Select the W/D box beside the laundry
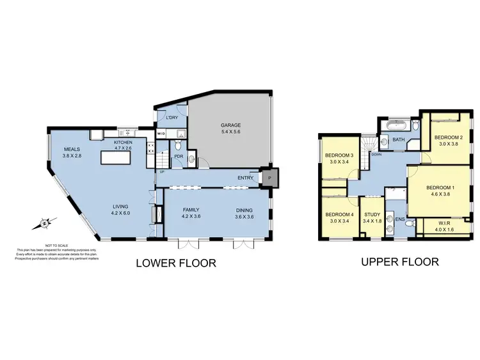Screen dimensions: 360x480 pos(161,134)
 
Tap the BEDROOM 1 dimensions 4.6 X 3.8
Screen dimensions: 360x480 pos(439,195)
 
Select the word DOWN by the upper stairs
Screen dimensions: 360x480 pos(377,154)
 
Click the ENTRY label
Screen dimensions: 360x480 pos(244,178)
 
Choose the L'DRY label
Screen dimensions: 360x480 pos(171,118)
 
